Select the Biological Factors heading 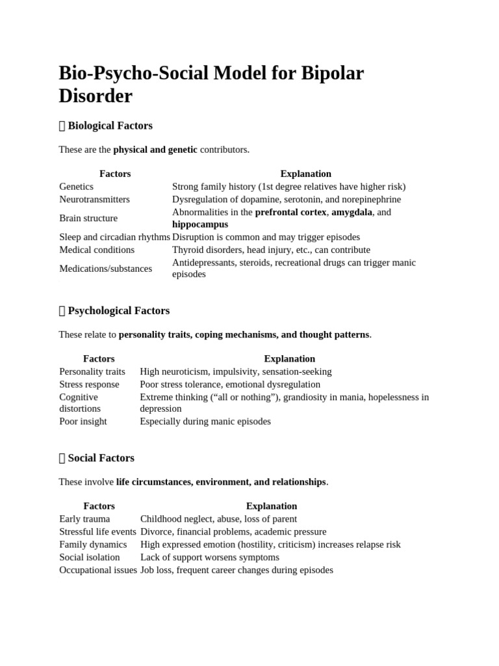pyautogui.click(x=110, y=126)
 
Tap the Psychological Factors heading pyautogui.click(x=118, y=311)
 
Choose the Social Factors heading pyautogui.click(x=101, y=458)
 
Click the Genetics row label pyautogui.click(x=77, y=187)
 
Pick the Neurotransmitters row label pyautogui.click(x=94, y=199)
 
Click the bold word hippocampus pyautogui.click(x=200, y=224)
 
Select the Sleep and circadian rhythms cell pyautogui.click(x=114, y=237)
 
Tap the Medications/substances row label pyautogui.click(x=105, y=269)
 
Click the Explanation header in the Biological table pyautogui.click(x=305, y=174)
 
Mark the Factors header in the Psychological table pyautogui.click(x=99, y=358)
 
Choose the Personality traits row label pyautogui.click(x=92, y=371)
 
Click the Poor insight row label pyautogui.click(x=83, y=421)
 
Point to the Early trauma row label pyautogui.click(x=84, y=519)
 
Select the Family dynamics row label pyautogui.click(x=93, y=544)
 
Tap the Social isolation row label pyautogui.click(x=90, y=557)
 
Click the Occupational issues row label pyautogui.click(x=98, y=570)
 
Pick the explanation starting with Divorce pyautogui.click(x=233, y=532)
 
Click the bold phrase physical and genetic pyautogui.click(x=155, y=150)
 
